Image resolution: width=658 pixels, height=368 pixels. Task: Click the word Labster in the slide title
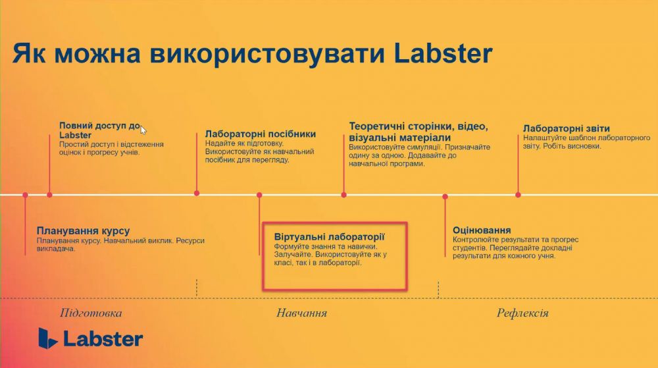(443, 54)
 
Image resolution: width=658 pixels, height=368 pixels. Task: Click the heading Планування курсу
(83, 231)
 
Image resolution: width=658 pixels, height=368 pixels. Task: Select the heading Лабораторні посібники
(260, 134)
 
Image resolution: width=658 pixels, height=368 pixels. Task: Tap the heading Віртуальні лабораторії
(330, 236)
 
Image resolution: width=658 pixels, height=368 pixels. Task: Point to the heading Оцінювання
(482, 230)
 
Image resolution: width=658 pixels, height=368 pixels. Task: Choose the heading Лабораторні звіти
(566, 128)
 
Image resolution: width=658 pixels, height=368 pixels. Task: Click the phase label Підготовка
(91, 313)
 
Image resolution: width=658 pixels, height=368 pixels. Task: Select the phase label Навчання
(302, 313)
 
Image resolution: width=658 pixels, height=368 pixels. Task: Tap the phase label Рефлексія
(522, 313)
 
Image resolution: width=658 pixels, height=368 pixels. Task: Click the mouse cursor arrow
(143, 130)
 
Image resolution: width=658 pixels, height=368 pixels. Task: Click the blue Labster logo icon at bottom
(47, 338)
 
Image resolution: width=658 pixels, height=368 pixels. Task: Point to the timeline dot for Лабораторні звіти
(518, 195)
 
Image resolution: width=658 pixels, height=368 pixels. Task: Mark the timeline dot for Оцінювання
(445, 196)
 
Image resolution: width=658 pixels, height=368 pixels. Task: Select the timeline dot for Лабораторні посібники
(196, 194)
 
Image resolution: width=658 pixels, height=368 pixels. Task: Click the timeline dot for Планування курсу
(25, 195)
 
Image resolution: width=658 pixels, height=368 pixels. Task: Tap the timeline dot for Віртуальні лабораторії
(259, 195)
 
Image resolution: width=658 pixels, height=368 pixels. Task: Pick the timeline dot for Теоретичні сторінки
(343, 195)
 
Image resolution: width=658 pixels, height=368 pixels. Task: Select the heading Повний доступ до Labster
(100, 130)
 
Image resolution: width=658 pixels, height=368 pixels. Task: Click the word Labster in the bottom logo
(103, 339)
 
